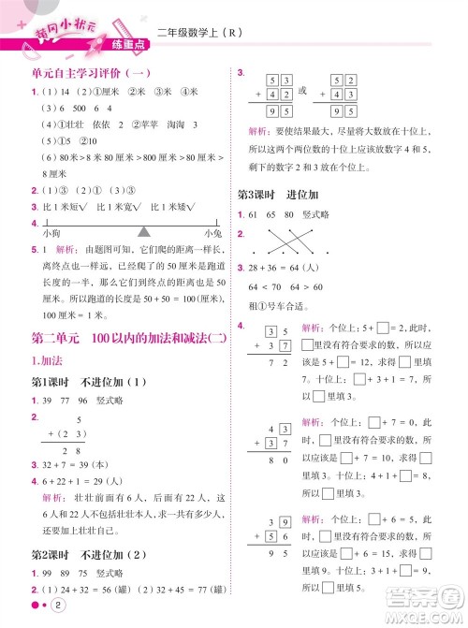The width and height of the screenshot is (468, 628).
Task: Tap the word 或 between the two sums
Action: point(301,91)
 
